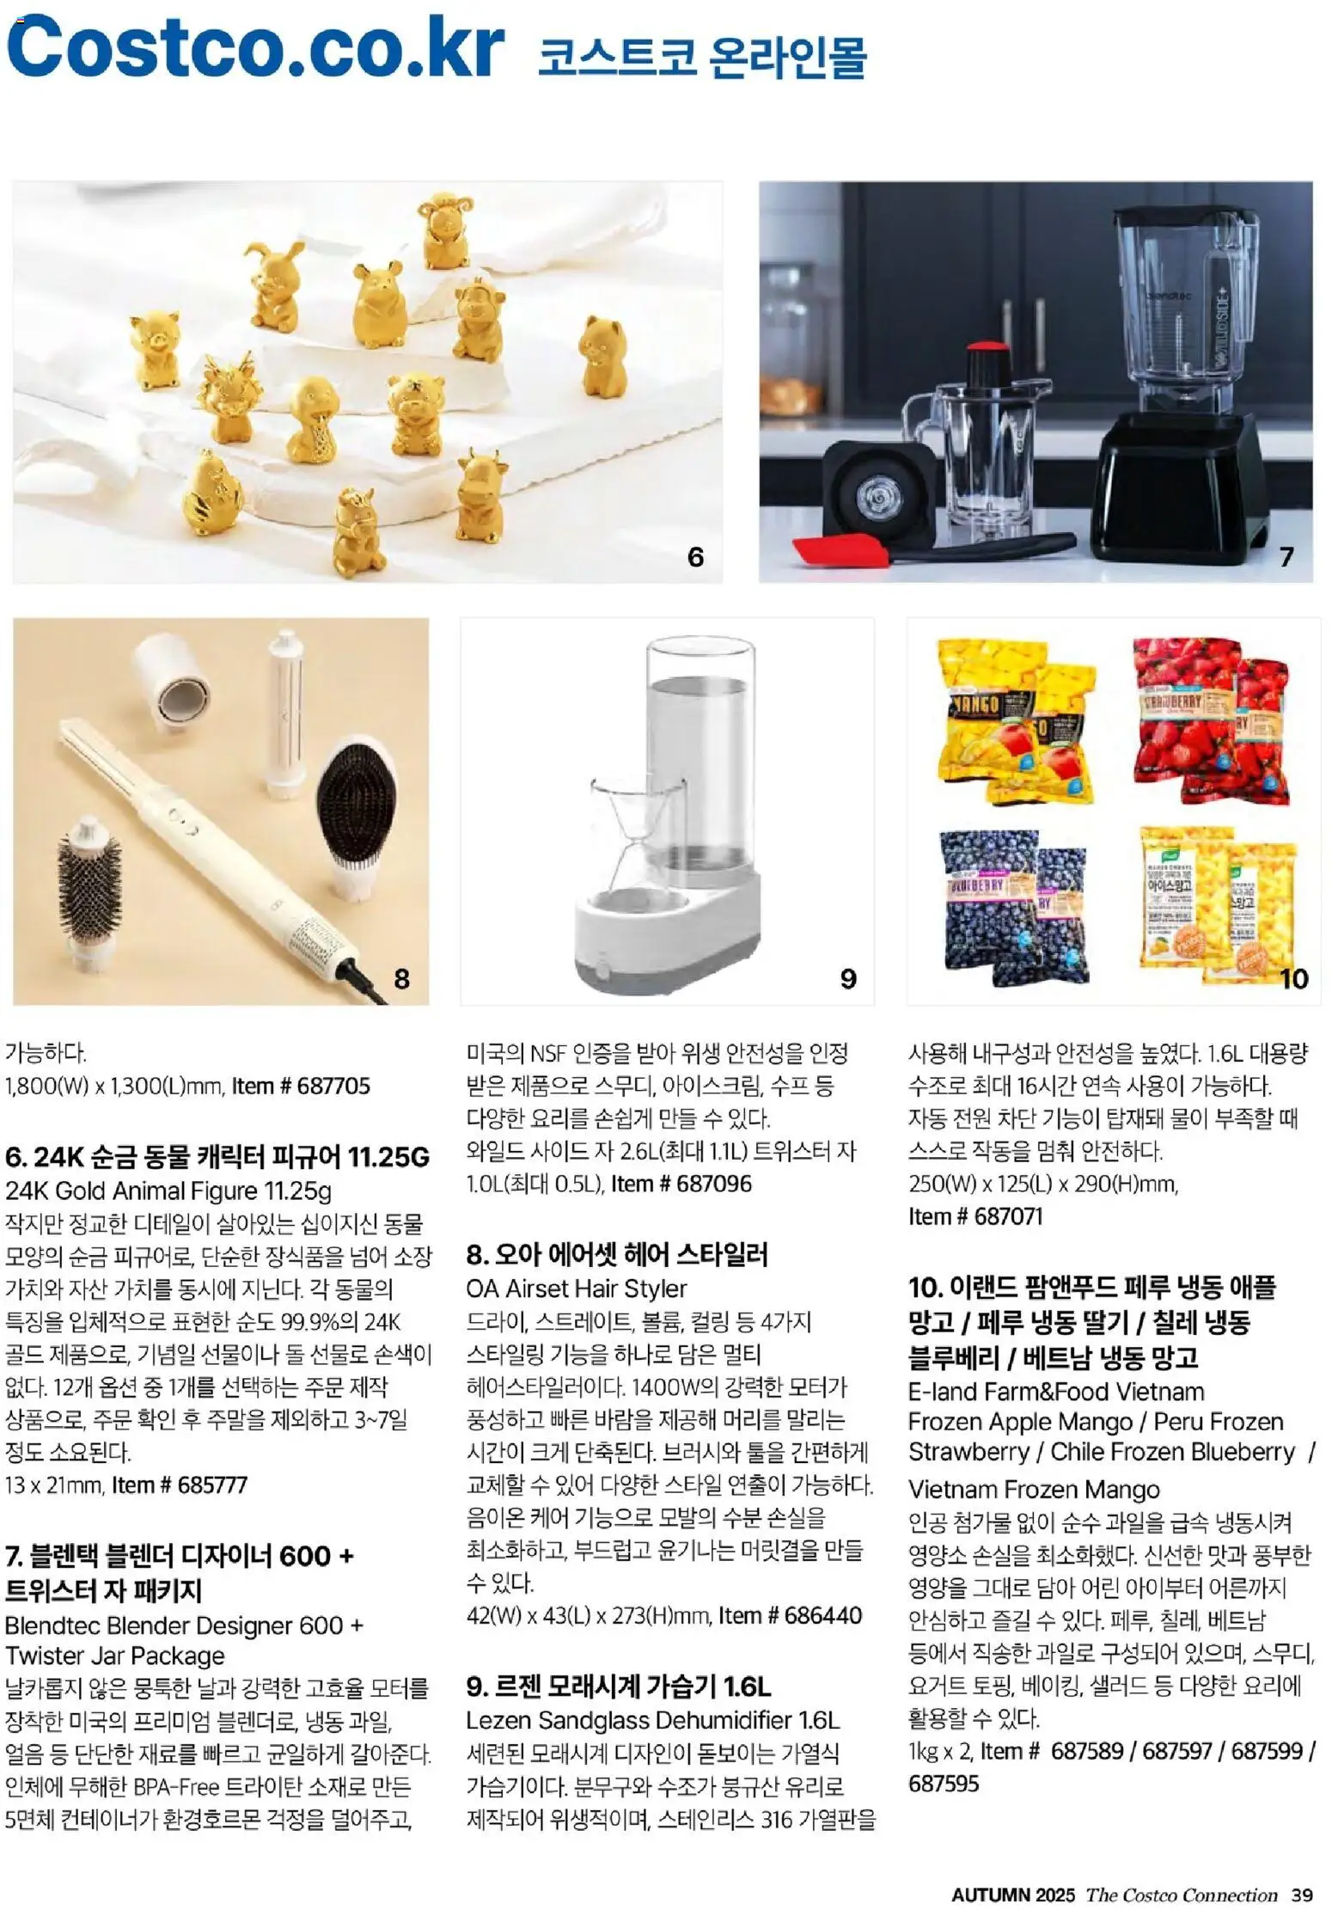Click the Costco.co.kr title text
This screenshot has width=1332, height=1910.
[254, 47]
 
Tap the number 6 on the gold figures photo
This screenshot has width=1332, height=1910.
[695, 557]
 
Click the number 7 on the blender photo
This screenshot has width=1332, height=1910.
[1286, 557]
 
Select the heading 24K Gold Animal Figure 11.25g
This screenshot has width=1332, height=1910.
[168, 1191]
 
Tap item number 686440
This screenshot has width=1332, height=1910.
[790, 1615]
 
